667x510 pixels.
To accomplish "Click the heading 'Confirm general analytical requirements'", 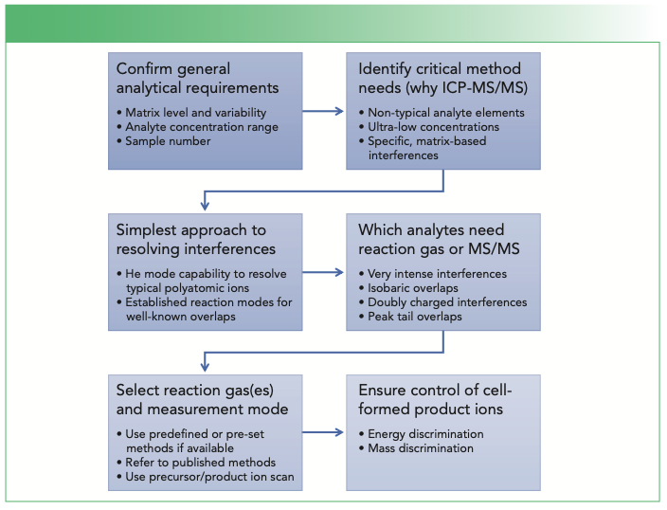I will coord(197,78).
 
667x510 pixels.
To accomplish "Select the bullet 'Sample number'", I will coord(166,141).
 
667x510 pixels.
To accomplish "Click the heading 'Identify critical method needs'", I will coord(442,78).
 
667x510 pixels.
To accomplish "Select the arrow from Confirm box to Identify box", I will coord(324,111).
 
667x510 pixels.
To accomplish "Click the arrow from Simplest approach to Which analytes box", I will coord(324,272).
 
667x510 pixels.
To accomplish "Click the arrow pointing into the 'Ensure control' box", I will coord(324,433).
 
